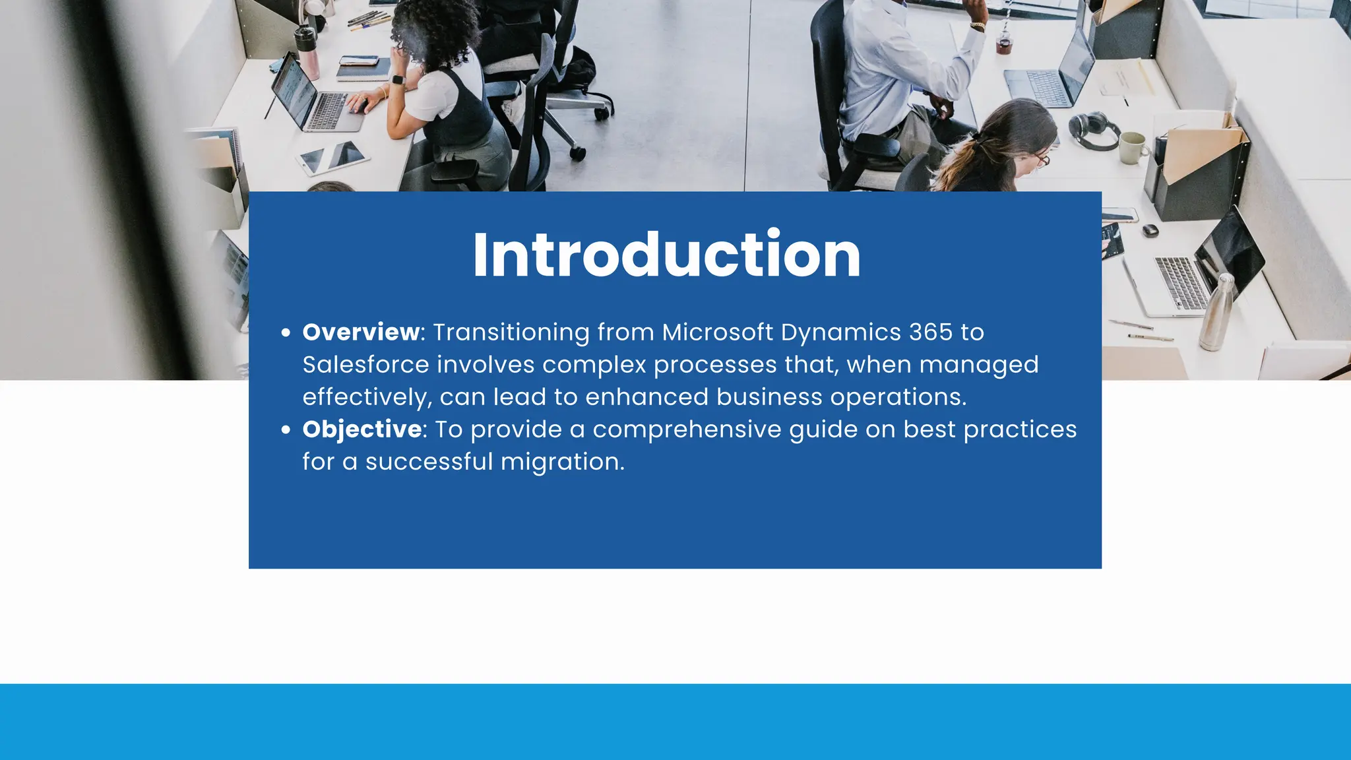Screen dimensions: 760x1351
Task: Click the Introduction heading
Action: click(666, 255)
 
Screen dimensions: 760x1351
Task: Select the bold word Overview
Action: click(361, 332)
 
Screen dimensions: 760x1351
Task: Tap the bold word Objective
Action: click(362, 429)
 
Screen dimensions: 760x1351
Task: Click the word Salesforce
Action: click(365, 365)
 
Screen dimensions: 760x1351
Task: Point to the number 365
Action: click(931, 332)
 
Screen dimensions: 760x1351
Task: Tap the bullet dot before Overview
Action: click(286, 332)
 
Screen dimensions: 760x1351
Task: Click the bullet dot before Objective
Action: click(286, 430)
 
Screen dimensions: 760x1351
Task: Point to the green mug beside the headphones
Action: click(1133, 147)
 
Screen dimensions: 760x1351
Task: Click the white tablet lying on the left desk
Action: click(332, 157)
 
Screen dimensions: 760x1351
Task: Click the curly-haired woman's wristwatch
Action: click(398, 80)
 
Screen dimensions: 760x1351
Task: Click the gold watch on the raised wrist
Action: click(978, 26)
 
